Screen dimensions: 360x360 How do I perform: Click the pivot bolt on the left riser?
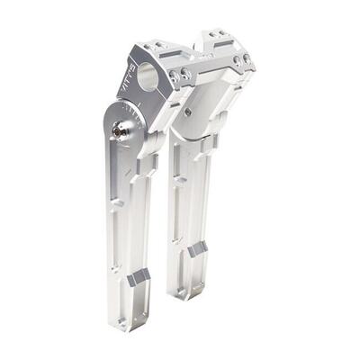(x=118, y=131)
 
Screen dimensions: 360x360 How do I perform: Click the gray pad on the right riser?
(x=198, y=248)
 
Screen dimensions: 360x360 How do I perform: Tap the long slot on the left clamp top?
(x=152, y=46)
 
